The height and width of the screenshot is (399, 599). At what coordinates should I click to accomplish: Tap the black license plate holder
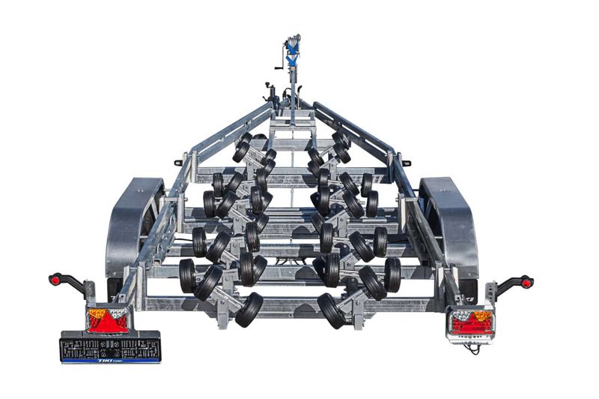[x=110, y=347]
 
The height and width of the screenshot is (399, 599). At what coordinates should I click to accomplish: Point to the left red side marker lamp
[x=55, y=279]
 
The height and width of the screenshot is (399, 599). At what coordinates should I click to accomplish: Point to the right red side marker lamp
[x=527, y=283]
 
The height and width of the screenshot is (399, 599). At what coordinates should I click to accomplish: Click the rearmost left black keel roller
[x=249, y=309]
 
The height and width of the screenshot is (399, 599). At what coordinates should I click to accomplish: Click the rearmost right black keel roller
[x=329, y=309]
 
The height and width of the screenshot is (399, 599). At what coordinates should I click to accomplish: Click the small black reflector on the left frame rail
[x=178, y=162]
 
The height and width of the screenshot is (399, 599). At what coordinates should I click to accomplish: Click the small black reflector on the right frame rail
[x=406, y=162]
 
